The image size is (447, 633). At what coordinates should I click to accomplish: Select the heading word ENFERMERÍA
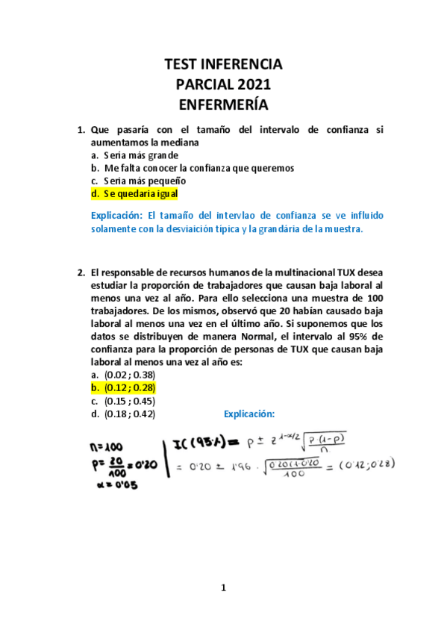[x=222, y=105]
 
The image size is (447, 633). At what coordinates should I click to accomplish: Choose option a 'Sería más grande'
[x=141, y=155]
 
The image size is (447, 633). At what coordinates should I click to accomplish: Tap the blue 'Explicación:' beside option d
[x=249, y=414]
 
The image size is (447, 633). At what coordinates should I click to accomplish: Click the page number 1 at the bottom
[x=222, y=588]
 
